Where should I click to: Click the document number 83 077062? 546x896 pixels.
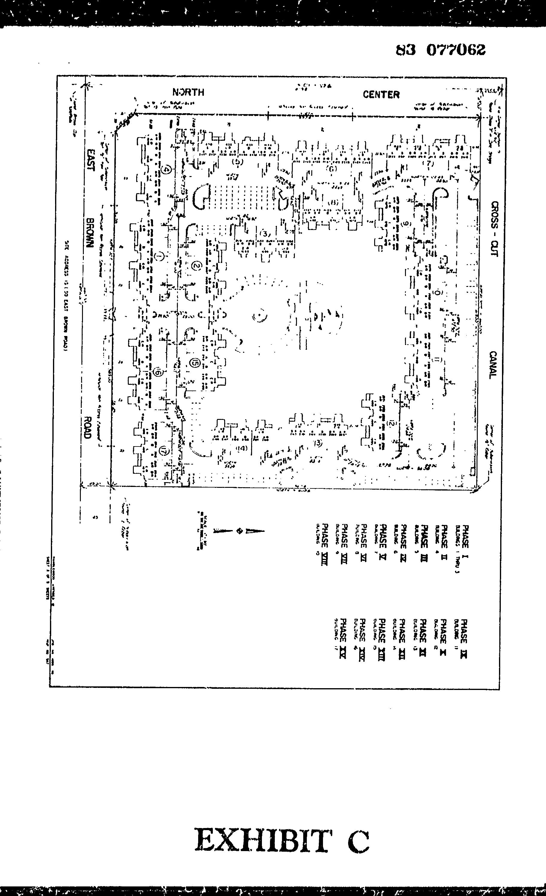click(x=440, y=50)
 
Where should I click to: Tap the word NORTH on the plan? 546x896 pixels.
click(x=188, y=92)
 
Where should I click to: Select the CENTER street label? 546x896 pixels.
click(x=381, y=95)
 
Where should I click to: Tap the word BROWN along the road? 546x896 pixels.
click(x=90, y=232)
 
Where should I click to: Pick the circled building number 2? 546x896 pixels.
click(x=197, y=266)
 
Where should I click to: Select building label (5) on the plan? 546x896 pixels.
click(x=237, y=162)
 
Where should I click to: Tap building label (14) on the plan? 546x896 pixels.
click(x=242, y=448)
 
